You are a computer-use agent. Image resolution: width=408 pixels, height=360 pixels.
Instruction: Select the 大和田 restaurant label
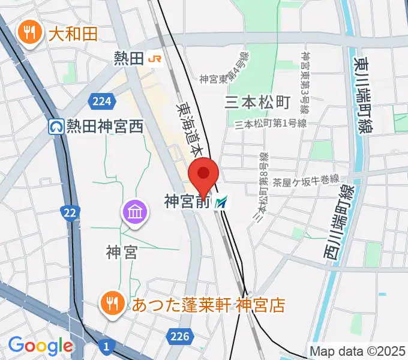tap(71, 34)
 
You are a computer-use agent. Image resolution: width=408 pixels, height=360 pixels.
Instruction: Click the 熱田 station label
tap(129, 58)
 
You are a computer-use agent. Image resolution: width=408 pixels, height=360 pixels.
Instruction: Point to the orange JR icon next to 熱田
tap(156, 58)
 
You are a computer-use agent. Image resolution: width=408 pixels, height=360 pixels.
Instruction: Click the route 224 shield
tap(101, 101)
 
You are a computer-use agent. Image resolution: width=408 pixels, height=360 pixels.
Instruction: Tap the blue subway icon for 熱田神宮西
tap(56, 127)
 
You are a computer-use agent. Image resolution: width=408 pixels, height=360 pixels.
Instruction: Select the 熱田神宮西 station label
tap(106, 127)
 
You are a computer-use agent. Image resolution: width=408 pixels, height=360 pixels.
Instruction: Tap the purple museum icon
tap(135, 212)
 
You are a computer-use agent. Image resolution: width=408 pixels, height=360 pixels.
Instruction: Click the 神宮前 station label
tap(187, 203)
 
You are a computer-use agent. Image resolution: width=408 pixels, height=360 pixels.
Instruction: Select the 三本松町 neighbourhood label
tap(257, 102)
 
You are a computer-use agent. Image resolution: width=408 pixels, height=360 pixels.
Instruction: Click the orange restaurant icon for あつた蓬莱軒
tap(112, 304)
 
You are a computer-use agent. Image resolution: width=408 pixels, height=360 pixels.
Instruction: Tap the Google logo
tap(40, 345)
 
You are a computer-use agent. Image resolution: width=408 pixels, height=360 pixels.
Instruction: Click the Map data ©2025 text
tap(358, 351)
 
